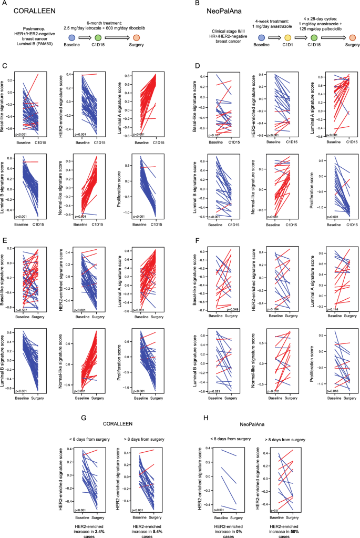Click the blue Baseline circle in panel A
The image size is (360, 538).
(72, 38)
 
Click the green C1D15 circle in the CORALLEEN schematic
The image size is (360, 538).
(99, 38)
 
